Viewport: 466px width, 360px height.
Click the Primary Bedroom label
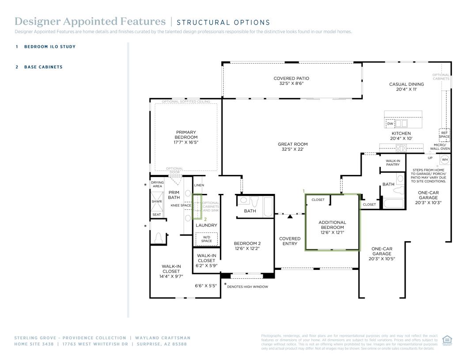click(x=186, y=137)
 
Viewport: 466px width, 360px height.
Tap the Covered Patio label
click(x=291, y=81)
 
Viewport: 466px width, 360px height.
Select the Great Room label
click(x=292, y=147)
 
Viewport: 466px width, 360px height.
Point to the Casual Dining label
click(x=406, y=87)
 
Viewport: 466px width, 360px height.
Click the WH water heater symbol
click(x=444, y=159)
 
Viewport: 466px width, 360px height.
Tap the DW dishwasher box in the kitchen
click(x=390, y=124)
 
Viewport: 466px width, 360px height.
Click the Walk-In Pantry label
click(x=393, y=163)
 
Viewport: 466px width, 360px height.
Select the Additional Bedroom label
click(x=332, y=227)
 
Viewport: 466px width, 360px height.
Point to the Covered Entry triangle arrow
click(x=290, y=216)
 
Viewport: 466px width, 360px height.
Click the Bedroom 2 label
click(x=247, y=246)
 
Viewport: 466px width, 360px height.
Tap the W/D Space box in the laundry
click(x=206, y=239)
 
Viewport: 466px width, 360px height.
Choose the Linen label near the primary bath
click(x=199, y=185)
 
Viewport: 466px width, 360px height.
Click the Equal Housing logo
click(x=447, y=341)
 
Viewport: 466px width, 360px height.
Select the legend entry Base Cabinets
click(x=43, y=67)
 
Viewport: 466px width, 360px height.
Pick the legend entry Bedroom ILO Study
click(x=49, y=46)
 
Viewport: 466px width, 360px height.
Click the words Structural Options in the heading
click(x=223, y=23)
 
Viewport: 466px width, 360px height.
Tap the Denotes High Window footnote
click(x=247, y=287)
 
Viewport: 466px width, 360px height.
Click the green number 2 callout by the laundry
click(x=205, y=219)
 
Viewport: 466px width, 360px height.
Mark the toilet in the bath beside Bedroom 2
click(x=255, y=202)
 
